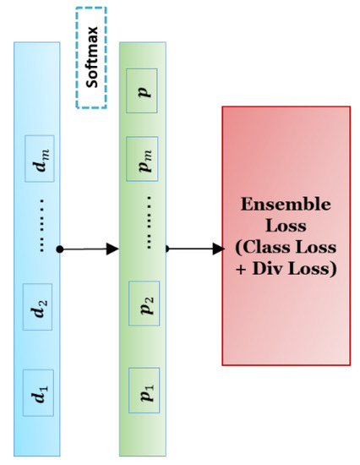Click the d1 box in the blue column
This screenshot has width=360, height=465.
pos(39,392)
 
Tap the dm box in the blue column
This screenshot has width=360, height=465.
pos(39,157)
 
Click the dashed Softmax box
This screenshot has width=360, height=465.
pos(90,58)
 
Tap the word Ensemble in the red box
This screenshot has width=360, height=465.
pos(285,205)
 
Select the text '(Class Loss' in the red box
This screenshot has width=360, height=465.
pos(285,249)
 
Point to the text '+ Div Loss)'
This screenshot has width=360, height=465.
pos(285,270)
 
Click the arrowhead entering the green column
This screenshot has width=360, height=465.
pos(112,249)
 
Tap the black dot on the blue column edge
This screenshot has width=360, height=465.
pos(60,249)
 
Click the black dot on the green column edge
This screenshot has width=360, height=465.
pos(168,249)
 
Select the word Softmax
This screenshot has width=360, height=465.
pos(91,58)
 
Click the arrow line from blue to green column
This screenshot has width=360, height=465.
pos(85,249)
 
